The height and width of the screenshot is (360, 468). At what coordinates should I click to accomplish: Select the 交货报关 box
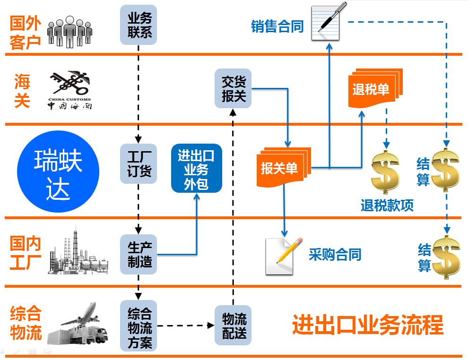coord(233,88)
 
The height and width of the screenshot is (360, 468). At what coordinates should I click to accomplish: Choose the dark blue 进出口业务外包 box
coord(196,168)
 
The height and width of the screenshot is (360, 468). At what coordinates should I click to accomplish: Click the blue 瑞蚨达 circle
coord(58,171)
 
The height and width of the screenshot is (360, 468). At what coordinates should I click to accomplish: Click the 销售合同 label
coord(277,26)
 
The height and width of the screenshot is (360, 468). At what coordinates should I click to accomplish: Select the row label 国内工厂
coord(26,254)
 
